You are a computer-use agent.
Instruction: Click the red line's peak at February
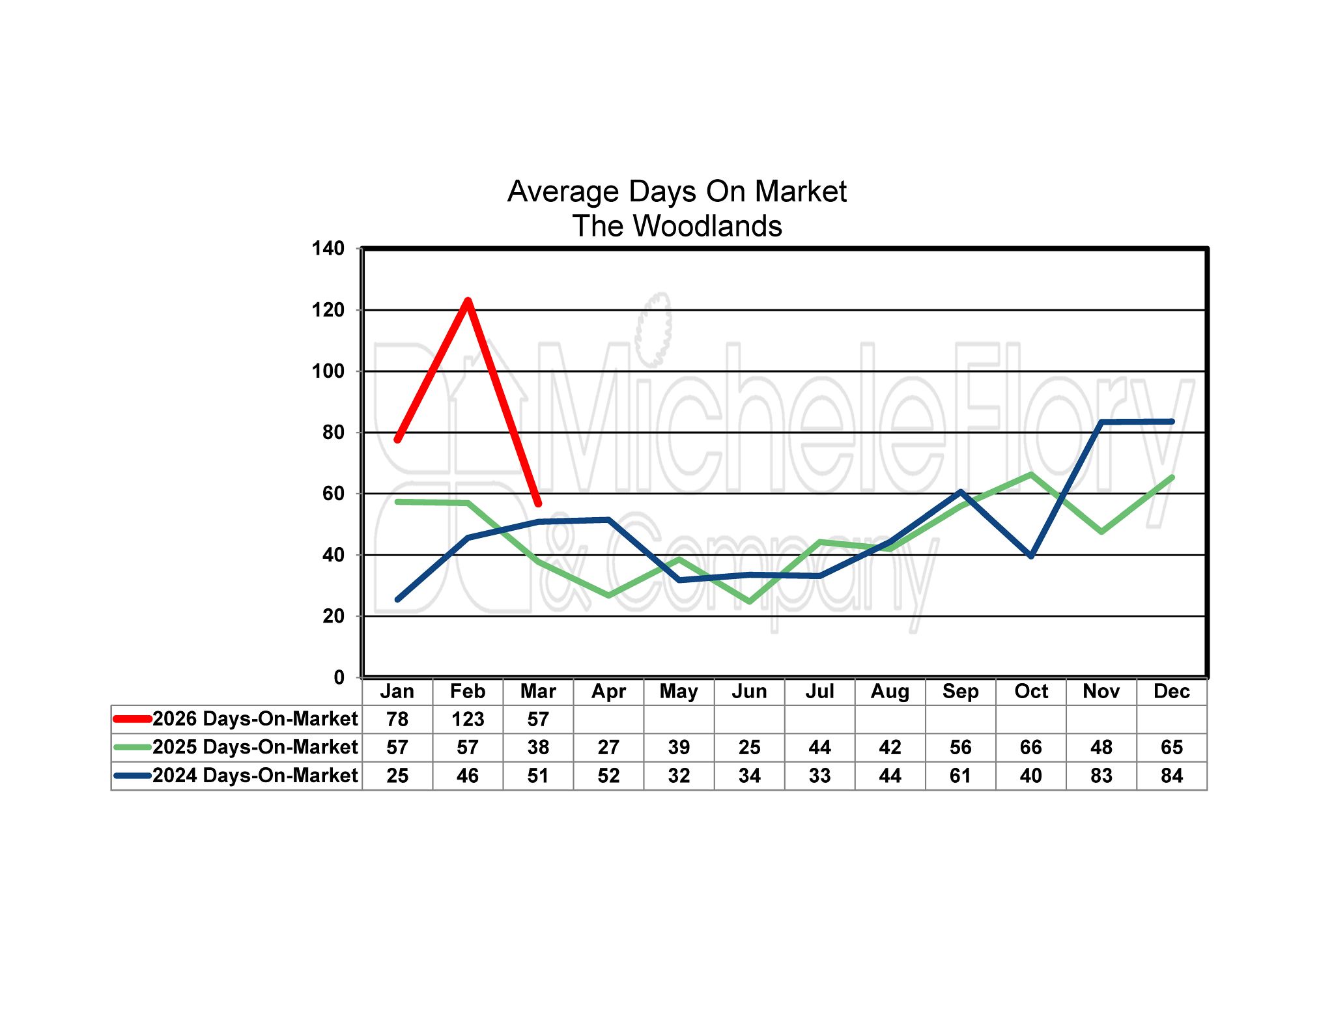pyautogui.click(x=468, y=301)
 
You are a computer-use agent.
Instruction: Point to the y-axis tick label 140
pyautogui.click(x=328, y=248)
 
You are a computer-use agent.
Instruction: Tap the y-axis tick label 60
pyautogui.click(x=333, y=494)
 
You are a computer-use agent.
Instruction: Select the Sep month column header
pyautogui.click(x=960, y=691)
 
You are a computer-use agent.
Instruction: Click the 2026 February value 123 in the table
pyautogui.click(x=468, y=719)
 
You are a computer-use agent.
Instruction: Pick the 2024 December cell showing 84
pyautogui.click(x=1171, y=776)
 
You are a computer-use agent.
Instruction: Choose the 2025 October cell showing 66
pyautogui.click(x=1030, y=747)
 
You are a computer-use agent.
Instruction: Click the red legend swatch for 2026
pyautogui.click(x=132, y=719)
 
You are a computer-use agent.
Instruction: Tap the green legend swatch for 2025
pyautogui.click(x=132, y=747)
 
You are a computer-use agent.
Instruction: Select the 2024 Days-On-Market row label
pyautogui.click(x=255, y=776)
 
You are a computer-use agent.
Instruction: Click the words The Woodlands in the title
pyautogui.click(x=677, y=226)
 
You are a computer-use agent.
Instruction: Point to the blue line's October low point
pyautogui.click(x=1030, y=556)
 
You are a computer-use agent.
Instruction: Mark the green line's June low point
pyautogui.click(x=749, y=601)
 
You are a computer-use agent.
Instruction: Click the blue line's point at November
pyautogui.click(x=1101, y=423)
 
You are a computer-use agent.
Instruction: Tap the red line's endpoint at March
pyautogui.click(x=538, y=503)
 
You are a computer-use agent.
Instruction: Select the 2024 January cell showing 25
pyautogui.click(x=397, y=776)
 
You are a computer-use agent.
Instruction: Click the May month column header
pyautogui.click(x=679, y=691)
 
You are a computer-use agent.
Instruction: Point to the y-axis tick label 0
pyautogui.click(x=339, y=677)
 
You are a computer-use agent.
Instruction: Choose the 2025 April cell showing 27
pyautogui.click(x=608, y=747)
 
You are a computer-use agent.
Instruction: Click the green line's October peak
pyautogui.click(x=1030, y=475)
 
